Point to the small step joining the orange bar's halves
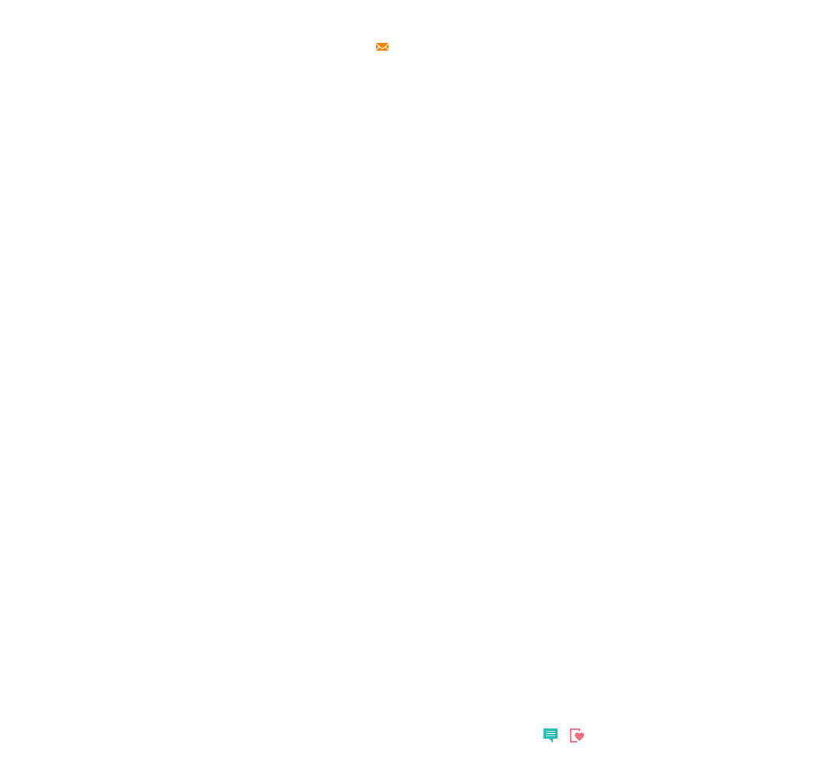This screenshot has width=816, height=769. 378,50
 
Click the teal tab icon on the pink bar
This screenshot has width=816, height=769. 555,734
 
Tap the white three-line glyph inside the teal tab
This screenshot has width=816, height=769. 550,733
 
